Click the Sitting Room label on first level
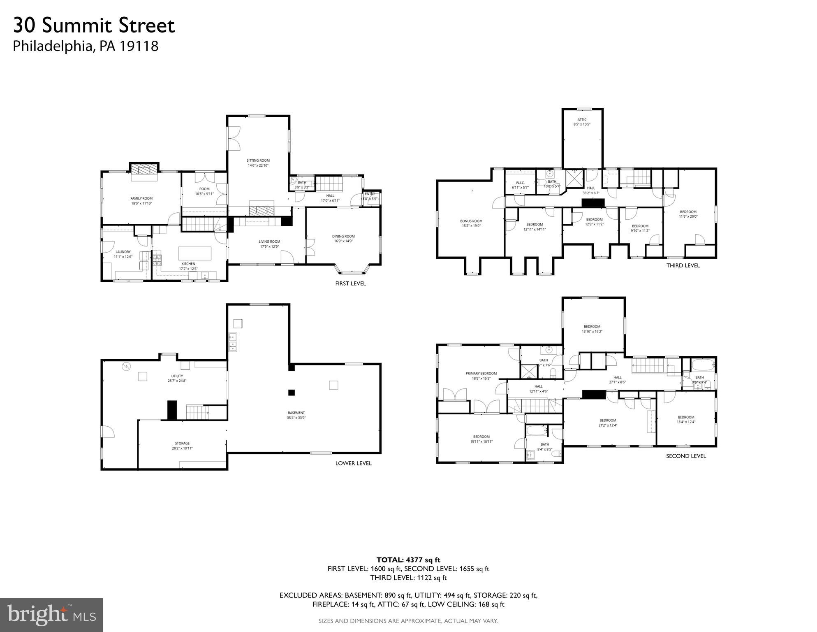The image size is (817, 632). point(258,161)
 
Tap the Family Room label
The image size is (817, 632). point(141,198)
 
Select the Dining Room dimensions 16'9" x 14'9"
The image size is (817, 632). point(343,241)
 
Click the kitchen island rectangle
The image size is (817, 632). point(194,252)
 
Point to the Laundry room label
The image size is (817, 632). point(123,252)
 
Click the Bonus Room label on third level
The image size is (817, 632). point(471,221)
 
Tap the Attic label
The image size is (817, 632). point(582,120)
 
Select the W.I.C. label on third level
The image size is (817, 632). point(520,183)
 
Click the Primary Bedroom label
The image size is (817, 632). point(481,374)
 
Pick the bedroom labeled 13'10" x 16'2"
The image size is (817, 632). point(592,329)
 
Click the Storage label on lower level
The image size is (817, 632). point(182,444)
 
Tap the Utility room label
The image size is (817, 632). point(177,376)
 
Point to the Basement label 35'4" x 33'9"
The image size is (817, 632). point(296,415)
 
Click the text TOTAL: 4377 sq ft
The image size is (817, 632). point(408,560)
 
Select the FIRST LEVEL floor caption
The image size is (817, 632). point(350,283)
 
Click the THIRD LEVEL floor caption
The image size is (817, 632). point(683,265)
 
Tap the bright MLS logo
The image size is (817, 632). point(51,615)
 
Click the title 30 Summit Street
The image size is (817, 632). point(94,26)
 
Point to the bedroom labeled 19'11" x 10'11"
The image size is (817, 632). point(481,439)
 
